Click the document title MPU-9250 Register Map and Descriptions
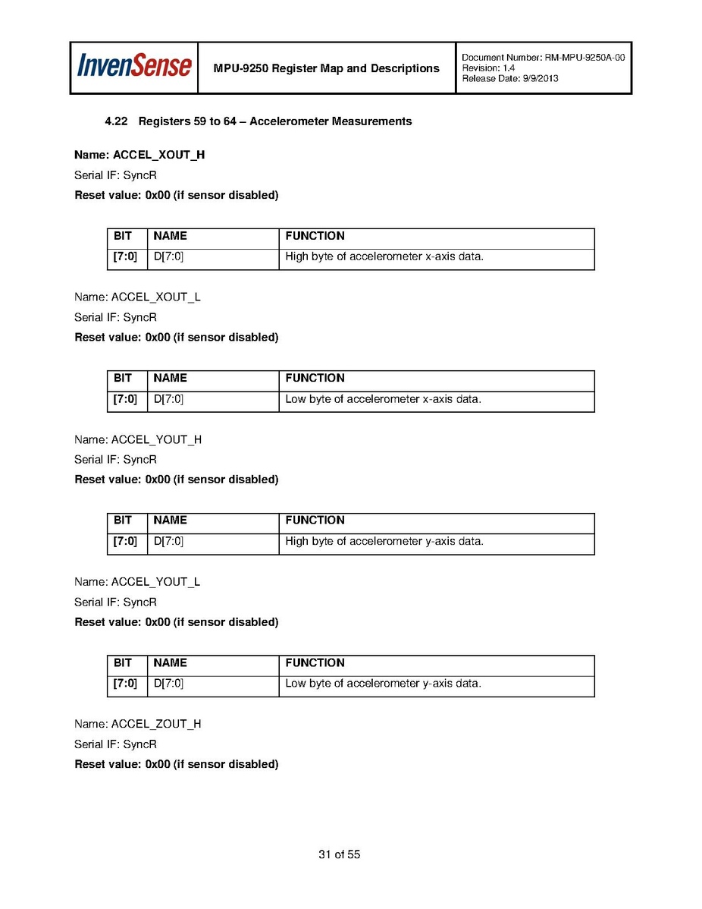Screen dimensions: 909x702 pos(326,68)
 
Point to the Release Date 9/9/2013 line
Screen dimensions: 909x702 pos(510,79)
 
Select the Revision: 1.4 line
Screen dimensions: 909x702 pos(489,68)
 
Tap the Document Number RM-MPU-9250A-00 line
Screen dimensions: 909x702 pos(543,58)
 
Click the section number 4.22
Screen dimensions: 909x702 pos(116,121)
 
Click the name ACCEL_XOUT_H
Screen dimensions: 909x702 pos(158,155)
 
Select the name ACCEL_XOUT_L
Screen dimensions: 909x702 pos(156,297)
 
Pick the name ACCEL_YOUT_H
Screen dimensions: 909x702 pos(156,439)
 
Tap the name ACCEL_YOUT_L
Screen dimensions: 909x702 pos(156,582)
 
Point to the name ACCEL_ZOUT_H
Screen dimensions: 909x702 pos(156,724)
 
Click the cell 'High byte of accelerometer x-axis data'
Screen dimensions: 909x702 pos(384,256)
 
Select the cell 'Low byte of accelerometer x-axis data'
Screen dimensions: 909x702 pos(383,399)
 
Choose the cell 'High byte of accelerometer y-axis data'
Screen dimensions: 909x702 pos(384,542)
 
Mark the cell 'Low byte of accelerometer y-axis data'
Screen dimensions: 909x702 pos(383,684)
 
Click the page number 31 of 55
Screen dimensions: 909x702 pos(339,854)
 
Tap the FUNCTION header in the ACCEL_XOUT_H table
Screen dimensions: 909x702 pos(315,236)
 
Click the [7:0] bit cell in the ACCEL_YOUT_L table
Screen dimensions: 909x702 pos(125,684)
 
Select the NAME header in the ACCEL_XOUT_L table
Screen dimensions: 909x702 pos(170,378)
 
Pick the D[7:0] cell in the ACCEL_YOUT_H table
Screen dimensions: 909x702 pos(168,542)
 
